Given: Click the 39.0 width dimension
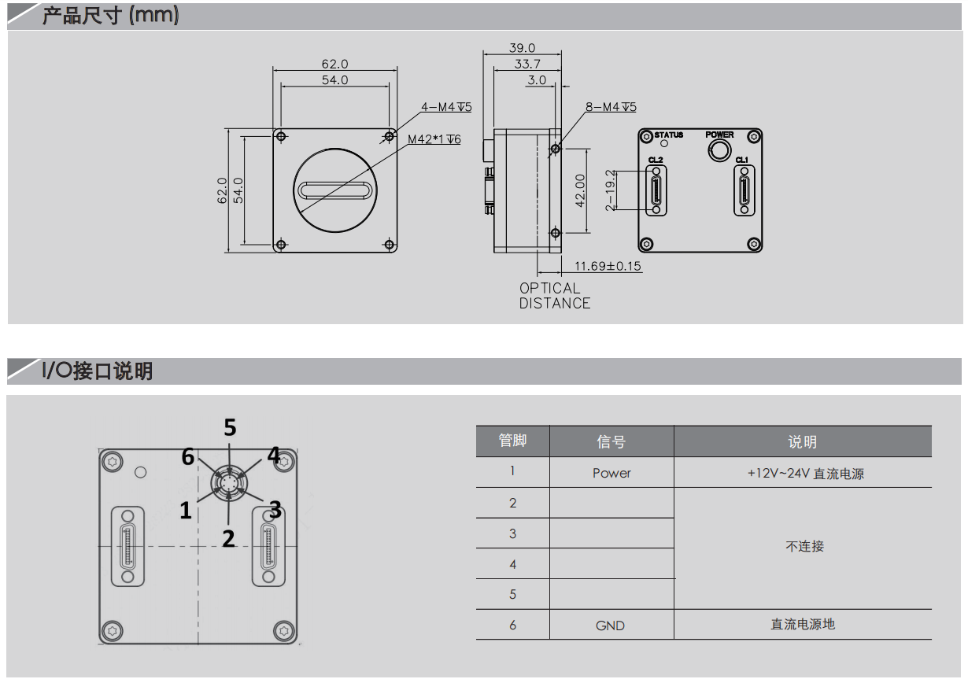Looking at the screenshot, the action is click(522, 47).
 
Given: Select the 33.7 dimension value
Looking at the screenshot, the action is click(527, 64).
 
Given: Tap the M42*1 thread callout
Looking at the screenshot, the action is click(434, 139).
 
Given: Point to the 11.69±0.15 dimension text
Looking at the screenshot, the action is click(608, 266).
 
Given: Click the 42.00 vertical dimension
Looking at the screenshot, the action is click(580, 190).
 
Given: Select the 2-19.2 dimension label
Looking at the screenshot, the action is click(610, 190).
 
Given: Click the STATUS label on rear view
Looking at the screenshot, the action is click(668, 135).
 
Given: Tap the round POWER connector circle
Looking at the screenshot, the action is click(719, 151).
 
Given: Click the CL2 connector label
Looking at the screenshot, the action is click(656, 160).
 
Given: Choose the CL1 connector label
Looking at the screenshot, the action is click(742, 160).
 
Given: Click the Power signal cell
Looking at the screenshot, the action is click(611, 473).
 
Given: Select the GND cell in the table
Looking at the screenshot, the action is click(610, 625).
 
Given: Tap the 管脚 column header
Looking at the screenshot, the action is click(512, 441).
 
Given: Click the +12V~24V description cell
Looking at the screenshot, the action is click(806, 474).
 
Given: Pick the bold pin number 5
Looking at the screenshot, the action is click(230, 427).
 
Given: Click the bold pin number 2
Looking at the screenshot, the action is click(228, 538).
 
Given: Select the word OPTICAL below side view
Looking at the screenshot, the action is click(549, 288).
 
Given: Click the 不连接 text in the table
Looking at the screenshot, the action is click(804, 546).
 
